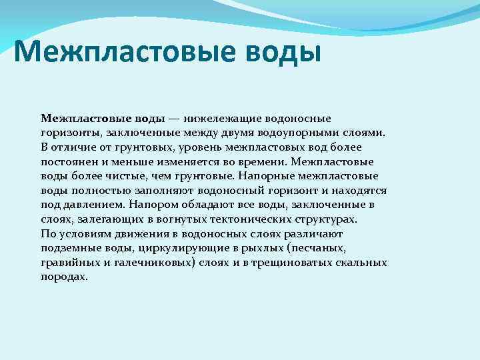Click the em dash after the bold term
pos(173,118)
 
